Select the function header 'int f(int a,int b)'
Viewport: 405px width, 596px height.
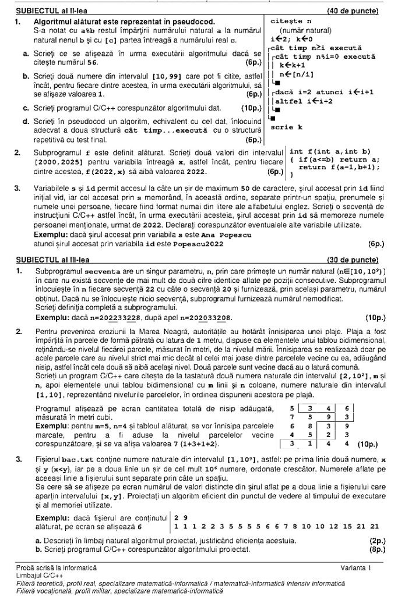[x=330, y=151]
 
